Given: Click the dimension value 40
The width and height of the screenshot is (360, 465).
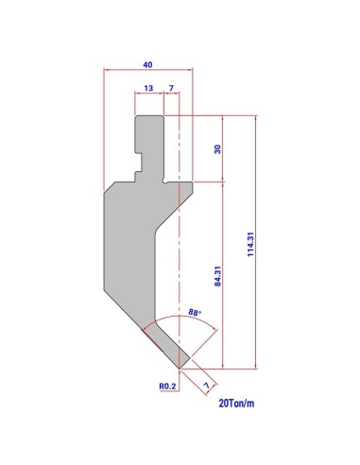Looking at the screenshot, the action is (x=147, y=64).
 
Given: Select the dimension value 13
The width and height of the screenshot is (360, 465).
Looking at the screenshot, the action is (x=148, y=88).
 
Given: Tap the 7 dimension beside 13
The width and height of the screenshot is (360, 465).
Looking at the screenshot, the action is (x=171, y=88).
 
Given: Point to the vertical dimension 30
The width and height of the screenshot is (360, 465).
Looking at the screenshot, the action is (x=217, y=149).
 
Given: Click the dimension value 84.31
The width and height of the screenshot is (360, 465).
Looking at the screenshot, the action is (x=217, y=276).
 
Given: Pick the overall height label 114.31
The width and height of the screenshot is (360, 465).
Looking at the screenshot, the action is (x=250, y=245).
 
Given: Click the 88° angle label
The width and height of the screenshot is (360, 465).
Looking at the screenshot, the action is (x=195, y=313).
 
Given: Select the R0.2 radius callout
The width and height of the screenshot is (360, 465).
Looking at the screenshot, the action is (x=167, y=386).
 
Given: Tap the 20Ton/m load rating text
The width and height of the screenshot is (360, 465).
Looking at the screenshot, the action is (x=236, y=404).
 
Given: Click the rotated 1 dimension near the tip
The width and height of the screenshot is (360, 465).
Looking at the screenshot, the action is (x=207, y=385).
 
